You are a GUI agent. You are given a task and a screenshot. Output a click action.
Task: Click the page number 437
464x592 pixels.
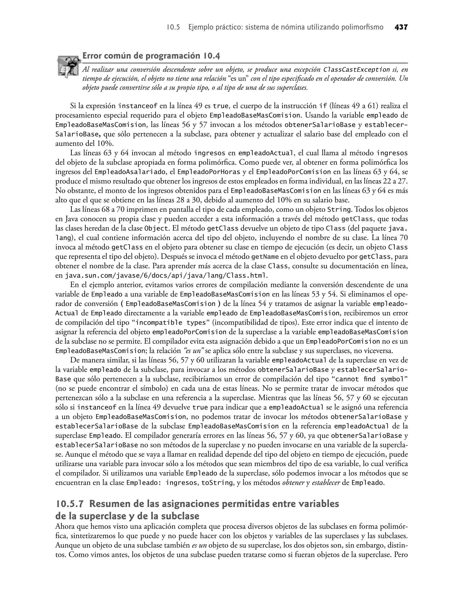click(401, 27)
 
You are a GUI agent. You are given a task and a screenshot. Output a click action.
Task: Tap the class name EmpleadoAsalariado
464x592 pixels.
click(130, 172)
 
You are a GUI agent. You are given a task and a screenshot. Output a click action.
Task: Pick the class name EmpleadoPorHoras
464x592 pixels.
click(209, 172)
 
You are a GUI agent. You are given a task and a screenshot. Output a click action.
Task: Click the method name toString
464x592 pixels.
click(217, 483)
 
